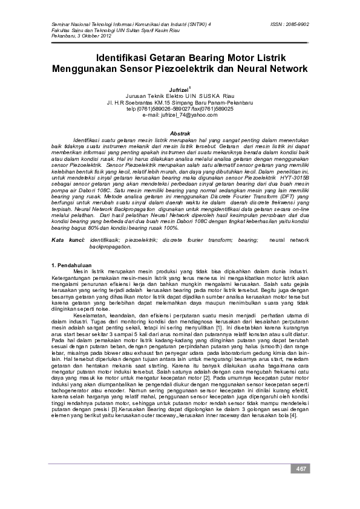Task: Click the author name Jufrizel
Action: click(178, 89)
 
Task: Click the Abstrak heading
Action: click(180, 132)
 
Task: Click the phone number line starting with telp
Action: click(180, 109)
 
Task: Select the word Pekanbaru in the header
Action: click(62, 36)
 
